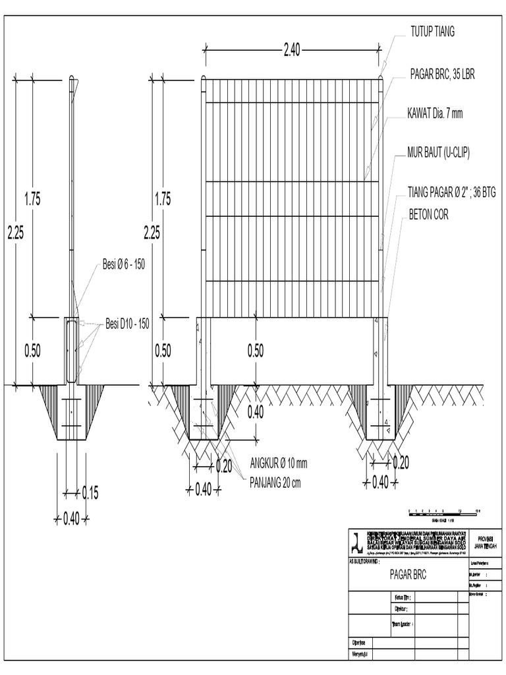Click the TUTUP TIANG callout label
(433, 32)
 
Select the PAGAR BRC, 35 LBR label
(442, 74)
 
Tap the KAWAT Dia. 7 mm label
(435, 114)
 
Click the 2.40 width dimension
(292, 51)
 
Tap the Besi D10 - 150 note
(127, 324)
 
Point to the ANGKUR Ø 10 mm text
(279, 464)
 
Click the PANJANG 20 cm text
(275, 482)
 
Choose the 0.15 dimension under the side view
(90, 492)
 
